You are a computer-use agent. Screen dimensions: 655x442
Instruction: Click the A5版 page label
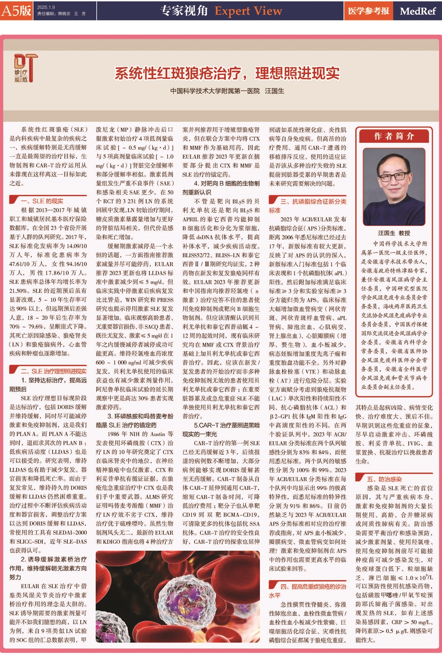(x=16, y=10)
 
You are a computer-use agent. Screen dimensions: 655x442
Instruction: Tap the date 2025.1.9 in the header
(x=46, y=7)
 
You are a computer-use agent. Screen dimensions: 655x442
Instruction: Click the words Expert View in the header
(x=248, y=11)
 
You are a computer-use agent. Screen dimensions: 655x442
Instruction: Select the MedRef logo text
(x=417, y=11)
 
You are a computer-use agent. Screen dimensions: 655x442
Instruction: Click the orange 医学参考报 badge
(x=369, y=11)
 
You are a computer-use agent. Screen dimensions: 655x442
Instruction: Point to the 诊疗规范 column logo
(x=25, y=68)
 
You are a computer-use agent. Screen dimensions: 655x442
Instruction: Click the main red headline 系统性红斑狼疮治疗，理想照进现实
(x=227, y=73)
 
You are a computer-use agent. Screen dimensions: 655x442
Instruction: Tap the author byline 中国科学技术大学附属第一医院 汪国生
(x=227, y=91)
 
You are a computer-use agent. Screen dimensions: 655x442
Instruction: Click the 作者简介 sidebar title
(x=394, y=136)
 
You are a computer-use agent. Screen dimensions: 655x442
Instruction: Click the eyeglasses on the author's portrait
(x=393, y=176)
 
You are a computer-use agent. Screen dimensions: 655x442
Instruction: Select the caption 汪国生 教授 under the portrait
(x=394, y=233)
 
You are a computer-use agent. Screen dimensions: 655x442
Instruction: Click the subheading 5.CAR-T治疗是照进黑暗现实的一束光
(x=221, y=430)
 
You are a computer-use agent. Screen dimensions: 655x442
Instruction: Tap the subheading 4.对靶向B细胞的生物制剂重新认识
(x=221, y=188)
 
